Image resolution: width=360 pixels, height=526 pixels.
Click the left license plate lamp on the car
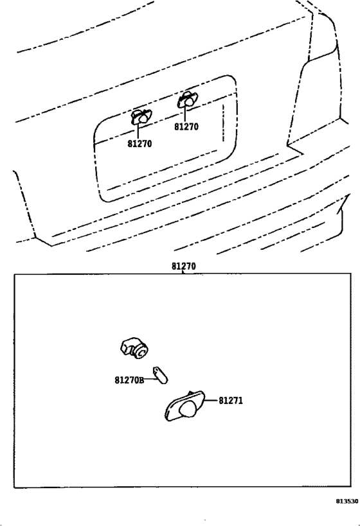click(x=141, y=117)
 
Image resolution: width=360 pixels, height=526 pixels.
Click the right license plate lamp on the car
click(x=188, y=99)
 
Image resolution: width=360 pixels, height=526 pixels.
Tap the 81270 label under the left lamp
click(x=139, y=144)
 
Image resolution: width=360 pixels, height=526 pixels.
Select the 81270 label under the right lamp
click(x=186, y=127)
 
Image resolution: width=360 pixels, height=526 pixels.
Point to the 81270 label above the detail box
click(x=184, y=267)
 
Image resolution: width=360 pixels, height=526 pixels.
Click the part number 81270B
click(x=129, y=380)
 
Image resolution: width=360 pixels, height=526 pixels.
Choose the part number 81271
click(x=231, y=401)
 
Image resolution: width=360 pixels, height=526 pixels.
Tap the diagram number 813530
click(x=347, y=501)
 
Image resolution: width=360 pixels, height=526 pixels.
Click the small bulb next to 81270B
click(x=161, y=375)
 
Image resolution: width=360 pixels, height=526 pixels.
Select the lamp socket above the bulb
click(x=134, y=348)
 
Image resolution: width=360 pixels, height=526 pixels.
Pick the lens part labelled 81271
click(x=184, y=407)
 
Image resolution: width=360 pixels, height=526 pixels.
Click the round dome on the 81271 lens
click(x=188, y=409)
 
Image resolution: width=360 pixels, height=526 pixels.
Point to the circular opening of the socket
click(x=141, y=353)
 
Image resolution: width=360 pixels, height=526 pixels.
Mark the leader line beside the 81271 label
click(x=211, y=400)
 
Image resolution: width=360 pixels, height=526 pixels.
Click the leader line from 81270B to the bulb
click(x=150, y=379)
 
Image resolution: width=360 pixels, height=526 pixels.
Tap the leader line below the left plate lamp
click(x=138, y=131)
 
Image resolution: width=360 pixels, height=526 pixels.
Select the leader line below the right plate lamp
click(x=184, y=114)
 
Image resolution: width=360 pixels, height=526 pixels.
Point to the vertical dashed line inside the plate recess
click(x=223, y=123)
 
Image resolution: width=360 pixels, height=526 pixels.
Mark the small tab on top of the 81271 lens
click(x=190, y=393)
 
